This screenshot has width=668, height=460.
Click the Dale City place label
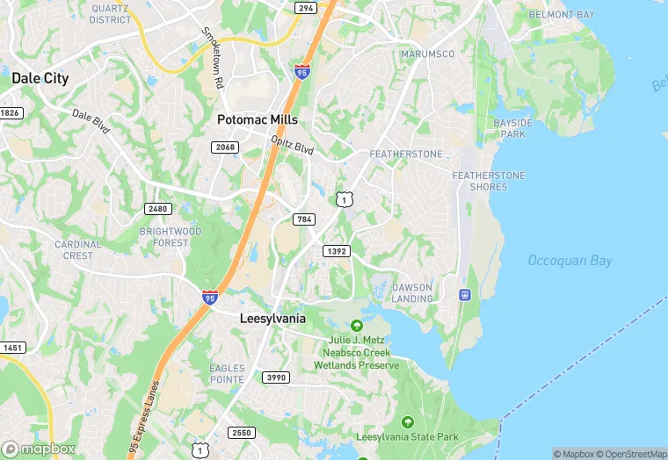coord(40,78)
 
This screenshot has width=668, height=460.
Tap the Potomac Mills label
coord(258,119)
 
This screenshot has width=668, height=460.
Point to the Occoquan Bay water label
coord(570,261)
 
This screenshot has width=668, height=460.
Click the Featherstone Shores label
coord(490,181)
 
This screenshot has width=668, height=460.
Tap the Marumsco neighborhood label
coord(427,54)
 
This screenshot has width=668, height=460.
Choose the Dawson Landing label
coord(412,293)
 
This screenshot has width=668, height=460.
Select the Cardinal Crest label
coord(77,250)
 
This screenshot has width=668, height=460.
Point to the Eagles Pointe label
coord(227,373)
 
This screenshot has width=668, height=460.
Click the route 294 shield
coord(305,8)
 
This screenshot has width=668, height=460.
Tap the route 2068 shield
coord(225,147)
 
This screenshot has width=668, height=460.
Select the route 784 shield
coord(305,219)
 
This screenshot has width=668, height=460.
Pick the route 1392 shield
coord(337,251)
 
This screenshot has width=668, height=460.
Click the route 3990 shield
coord(275,377)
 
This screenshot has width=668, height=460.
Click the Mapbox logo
coord(39,449)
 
